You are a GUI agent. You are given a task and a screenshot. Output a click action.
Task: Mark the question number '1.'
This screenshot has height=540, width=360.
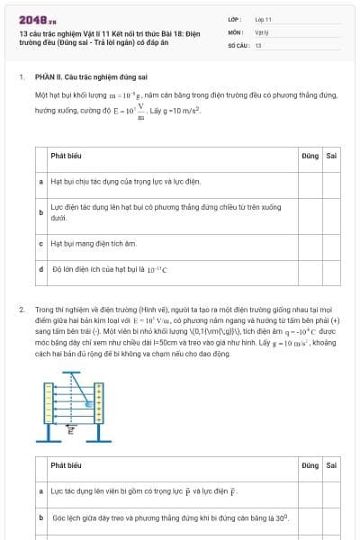point(22,76)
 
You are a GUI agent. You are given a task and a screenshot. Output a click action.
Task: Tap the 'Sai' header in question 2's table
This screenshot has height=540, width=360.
point(332,465)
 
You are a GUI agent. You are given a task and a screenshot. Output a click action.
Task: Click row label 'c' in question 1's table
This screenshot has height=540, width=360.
point(41,243)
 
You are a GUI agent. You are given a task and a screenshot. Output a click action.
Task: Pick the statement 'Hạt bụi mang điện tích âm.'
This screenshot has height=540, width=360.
point(94,243)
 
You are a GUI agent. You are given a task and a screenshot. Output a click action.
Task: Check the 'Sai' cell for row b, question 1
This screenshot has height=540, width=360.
point(332,212)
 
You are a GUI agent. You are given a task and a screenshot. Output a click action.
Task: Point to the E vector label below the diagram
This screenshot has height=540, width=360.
point(71,430)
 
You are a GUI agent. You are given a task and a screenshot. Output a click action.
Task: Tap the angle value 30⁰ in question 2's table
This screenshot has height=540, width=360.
point(282,518)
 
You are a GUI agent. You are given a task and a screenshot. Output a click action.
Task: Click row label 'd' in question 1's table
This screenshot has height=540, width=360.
point(41,268)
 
